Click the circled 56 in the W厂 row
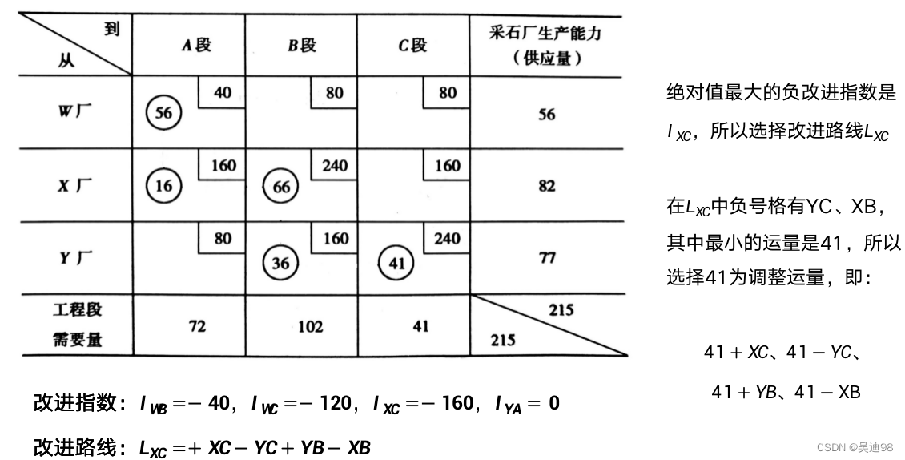coord(163,112)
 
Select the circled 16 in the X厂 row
coord(163,186)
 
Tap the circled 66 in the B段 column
coord(281,186)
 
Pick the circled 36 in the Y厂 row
coord(281,262)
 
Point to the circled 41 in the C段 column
coord(394,262)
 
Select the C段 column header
coord(412,46)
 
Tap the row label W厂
coord(74,112)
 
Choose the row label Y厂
coord(74,258)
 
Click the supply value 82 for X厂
coord(547,186)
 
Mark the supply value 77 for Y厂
coord(547,258)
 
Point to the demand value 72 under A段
coord(197,326)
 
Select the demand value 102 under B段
coord(310,326)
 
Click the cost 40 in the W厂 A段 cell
coord(223,92)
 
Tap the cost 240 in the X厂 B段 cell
coord(334,166)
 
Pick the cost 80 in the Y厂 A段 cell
coord(223,238)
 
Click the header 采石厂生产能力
coord(545,34)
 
